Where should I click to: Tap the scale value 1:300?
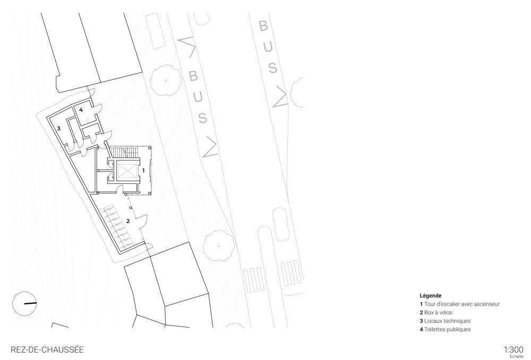(x=513, y=349)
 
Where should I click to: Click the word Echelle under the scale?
(x=516, y=356)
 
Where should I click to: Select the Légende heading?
(x=430, y=295)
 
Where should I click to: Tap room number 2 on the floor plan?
(x=128, y=220)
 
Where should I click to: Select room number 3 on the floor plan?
(x=59, y=128)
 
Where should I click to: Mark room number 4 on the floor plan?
(x=81, y=109)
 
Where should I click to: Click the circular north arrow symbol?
(x=24, y=304)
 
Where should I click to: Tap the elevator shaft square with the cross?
(x=127, y=171)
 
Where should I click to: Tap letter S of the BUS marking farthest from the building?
(x=273, y=68)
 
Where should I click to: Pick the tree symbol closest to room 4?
(x=166, y=80)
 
